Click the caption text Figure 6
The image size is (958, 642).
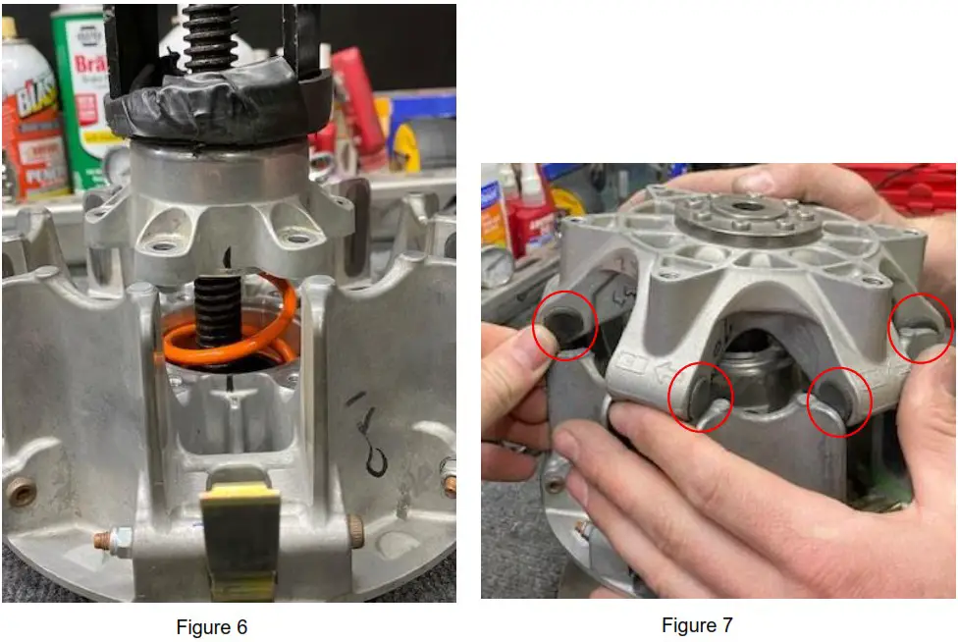211,627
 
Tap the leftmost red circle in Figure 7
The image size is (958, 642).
564,326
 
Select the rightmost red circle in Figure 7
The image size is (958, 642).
921,327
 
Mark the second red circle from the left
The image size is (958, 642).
701,398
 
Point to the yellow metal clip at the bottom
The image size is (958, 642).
239,534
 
